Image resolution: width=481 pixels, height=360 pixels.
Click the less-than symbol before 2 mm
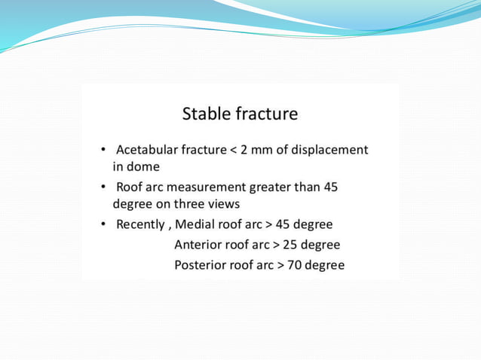click(x=233, y=150)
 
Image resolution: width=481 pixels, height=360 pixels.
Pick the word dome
click(x=143, y=166)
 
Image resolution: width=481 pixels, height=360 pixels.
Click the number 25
click(x=293, y=245)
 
